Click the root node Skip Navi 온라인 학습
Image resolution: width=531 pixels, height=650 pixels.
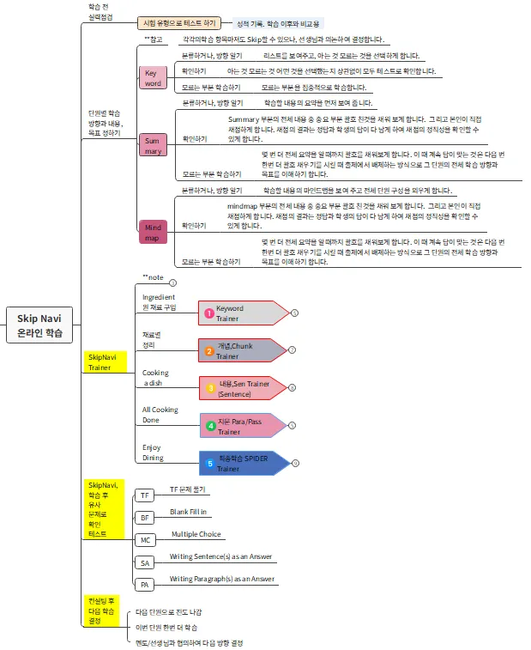click(x=40, y=325)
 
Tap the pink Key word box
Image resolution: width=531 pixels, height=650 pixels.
click(x=153, y=78)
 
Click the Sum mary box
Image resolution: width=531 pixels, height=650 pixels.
click(x=153, y=145)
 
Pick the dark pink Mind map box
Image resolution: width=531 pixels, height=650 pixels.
click(x=153, y=232)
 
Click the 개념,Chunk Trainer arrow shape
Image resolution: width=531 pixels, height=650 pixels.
click(x=240, y=350)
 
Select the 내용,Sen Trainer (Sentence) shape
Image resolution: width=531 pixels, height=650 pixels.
click(x=241, y=388)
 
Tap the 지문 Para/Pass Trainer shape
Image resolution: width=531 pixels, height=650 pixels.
click(x=241, y=425)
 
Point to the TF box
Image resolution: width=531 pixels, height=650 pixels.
click(x=144, y=495)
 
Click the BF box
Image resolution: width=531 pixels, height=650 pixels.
click(x=144, y=518)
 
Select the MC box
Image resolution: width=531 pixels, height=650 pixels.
click(x=144, y=540)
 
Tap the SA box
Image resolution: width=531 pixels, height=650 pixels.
click(x=144, y=562)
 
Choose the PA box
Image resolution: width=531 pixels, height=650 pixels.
click(x=144, y=585)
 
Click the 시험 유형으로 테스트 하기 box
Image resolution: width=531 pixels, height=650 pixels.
click(x=179, y=23)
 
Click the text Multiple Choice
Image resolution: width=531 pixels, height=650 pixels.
click(x=196, y=534)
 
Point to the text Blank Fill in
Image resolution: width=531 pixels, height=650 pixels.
click(x=188, y=511)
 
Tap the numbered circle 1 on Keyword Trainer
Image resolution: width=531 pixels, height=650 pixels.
click(x=208, y=313)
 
